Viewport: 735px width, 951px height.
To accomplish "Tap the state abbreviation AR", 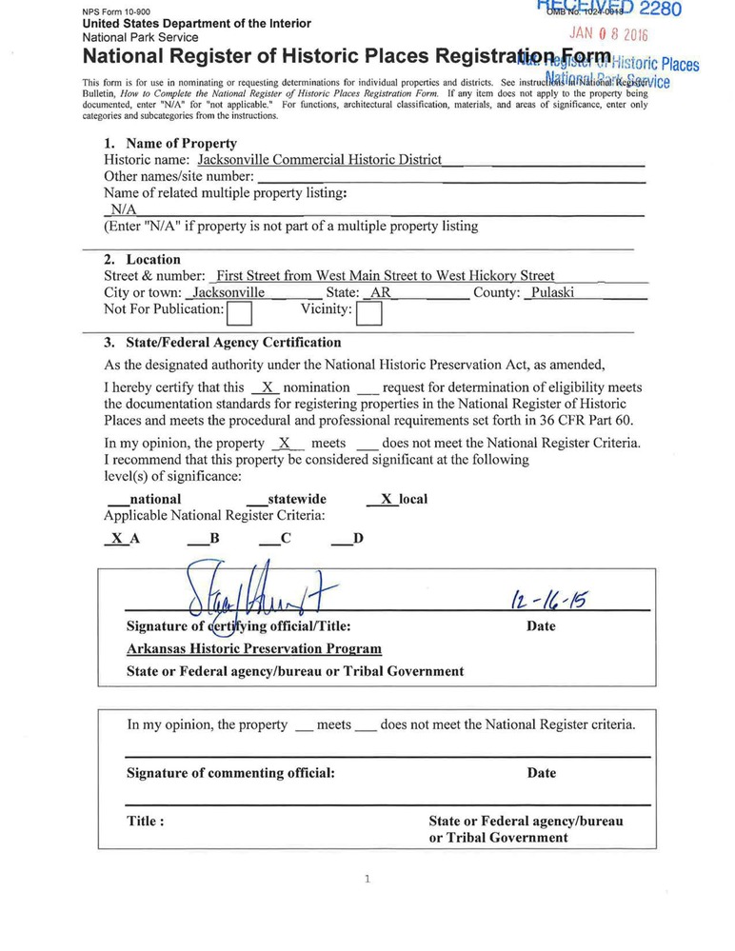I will pyautogui.click(x=380, y=292).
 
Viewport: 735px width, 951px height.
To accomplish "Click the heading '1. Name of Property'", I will pyautogui.click(x=170, y=144).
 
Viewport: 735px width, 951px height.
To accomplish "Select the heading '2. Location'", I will pyautogui.click(x=142, y=259).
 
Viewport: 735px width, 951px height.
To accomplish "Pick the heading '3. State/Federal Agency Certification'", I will pyautogui.click(x=222, y=343).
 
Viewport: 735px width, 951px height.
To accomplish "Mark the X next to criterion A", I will pyautogui.click(x=116, y=538).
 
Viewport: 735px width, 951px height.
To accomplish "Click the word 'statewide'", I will pyautogui.click(x=297, y=499).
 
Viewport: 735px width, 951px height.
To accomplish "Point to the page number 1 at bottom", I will pyautogui.click(x=367, y=880).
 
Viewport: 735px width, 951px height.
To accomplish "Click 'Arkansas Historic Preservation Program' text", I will pyautogui.click(x=254, y=649).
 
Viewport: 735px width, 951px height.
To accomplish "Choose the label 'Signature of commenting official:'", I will pyautogui.click(x=230, y=773).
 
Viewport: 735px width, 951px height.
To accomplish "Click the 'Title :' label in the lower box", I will pyautogui.click(x=146, y=822).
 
